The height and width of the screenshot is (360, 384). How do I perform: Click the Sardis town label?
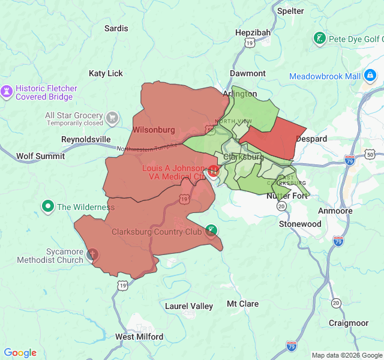point(116,28)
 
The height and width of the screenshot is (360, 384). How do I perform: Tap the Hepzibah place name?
point(253,32)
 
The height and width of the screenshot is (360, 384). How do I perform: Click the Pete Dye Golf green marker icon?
point(320,40)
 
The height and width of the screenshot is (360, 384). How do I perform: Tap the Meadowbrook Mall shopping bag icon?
point(370,76)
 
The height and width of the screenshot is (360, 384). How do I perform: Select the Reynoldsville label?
point(86,139)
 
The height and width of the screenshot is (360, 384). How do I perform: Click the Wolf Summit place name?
point(40,156)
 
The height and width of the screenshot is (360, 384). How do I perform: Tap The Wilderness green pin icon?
point(48,207)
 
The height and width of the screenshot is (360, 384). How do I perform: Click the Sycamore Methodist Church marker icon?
point(92,255)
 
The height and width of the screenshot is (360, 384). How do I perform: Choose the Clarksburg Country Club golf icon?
point(211,231)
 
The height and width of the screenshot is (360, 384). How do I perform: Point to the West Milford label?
point(139,337)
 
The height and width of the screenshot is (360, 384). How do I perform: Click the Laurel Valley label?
point(189,306)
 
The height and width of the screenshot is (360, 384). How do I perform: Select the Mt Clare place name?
point(242,304)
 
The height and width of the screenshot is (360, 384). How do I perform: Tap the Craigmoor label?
point(349,322)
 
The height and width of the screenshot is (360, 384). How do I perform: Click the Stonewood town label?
point(300,224)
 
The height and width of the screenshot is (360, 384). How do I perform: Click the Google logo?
point(20,353)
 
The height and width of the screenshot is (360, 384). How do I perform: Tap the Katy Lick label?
point(106,73)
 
